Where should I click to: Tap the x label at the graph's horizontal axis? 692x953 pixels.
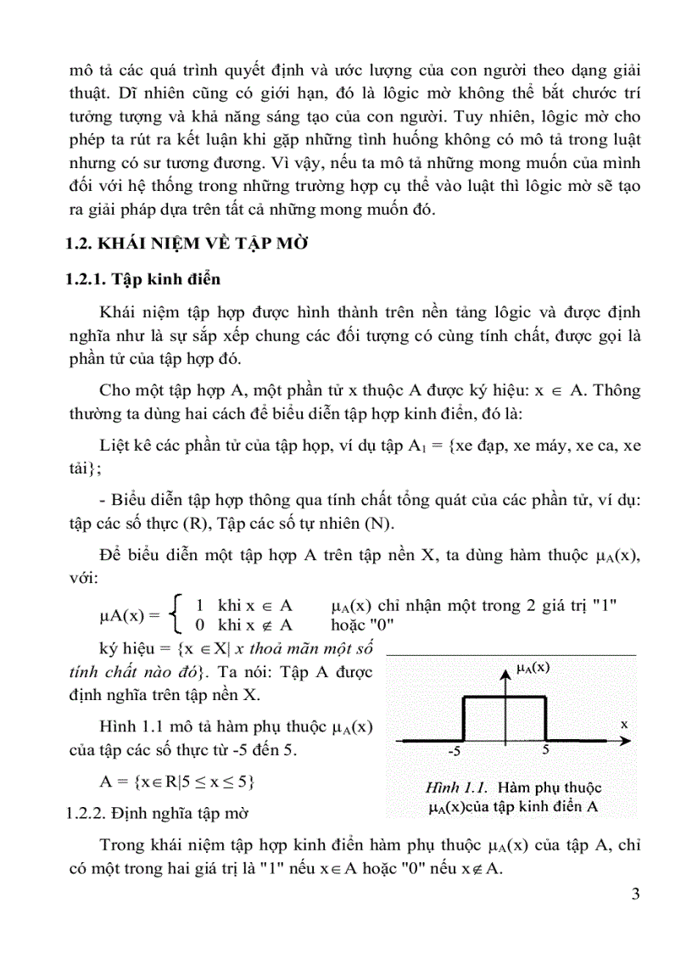pos(623,725)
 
